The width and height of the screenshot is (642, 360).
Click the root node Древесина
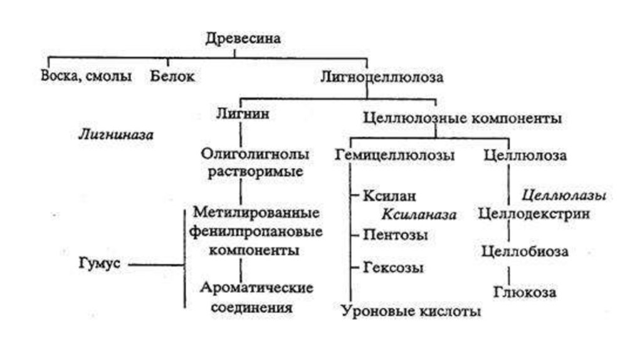click(243, 38)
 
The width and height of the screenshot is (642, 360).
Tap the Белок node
click(172, 77)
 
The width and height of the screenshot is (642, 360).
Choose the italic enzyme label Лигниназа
click(116, 134)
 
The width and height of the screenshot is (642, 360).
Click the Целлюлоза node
click(525, 156)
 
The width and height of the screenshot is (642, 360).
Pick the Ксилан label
click(389, 196)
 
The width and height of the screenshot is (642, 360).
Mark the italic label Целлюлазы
click(564, 195)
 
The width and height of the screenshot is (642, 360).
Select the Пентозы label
click(395, 235)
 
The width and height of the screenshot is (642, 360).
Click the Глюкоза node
click(525, 292)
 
